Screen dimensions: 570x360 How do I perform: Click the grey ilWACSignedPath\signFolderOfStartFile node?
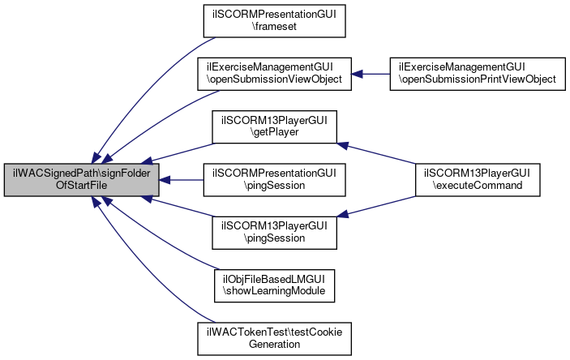[81, 180]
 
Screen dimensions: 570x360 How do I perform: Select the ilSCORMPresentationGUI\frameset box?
[274, 21]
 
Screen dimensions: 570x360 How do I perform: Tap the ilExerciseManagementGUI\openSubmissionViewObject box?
[274, 74]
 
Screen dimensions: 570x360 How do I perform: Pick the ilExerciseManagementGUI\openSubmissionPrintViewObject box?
[478, 74]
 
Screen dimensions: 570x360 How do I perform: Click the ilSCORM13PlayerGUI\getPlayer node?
[274, 126]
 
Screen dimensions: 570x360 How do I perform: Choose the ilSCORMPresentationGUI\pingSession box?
[274, 180]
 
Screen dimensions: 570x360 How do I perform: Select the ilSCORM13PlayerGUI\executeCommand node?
[478, 180]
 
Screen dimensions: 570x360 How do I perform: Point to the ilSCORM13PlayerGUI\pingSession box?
[274, 233]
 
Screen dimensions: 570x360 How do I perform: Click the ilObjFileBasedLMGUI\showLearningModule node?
[274, 285]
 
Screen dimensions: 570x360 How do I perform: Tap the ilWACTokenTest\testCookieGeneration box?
[274, 339]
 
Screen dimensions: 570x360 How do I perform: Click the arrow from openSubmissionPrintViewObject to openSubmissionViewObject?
[371, 74]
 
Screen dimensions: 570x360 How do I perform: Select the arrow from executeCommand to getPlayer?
[376, 153]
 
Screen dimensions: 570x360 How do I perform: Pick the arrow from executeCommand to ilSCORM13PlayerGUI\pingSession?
[376, 206]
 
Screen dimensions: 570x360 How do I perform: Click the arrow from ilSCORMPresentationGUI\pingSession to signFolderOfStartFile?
[181, 180]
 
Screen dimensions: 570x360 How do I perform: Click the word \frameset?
[274, 27]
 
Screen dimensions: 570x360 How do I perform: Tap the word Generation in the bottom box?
[274, 345]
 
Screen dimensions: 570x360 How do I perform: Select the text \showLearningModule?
[274, 291]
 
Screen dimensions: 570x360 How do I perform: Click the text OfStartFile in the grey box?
[81, 186]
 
